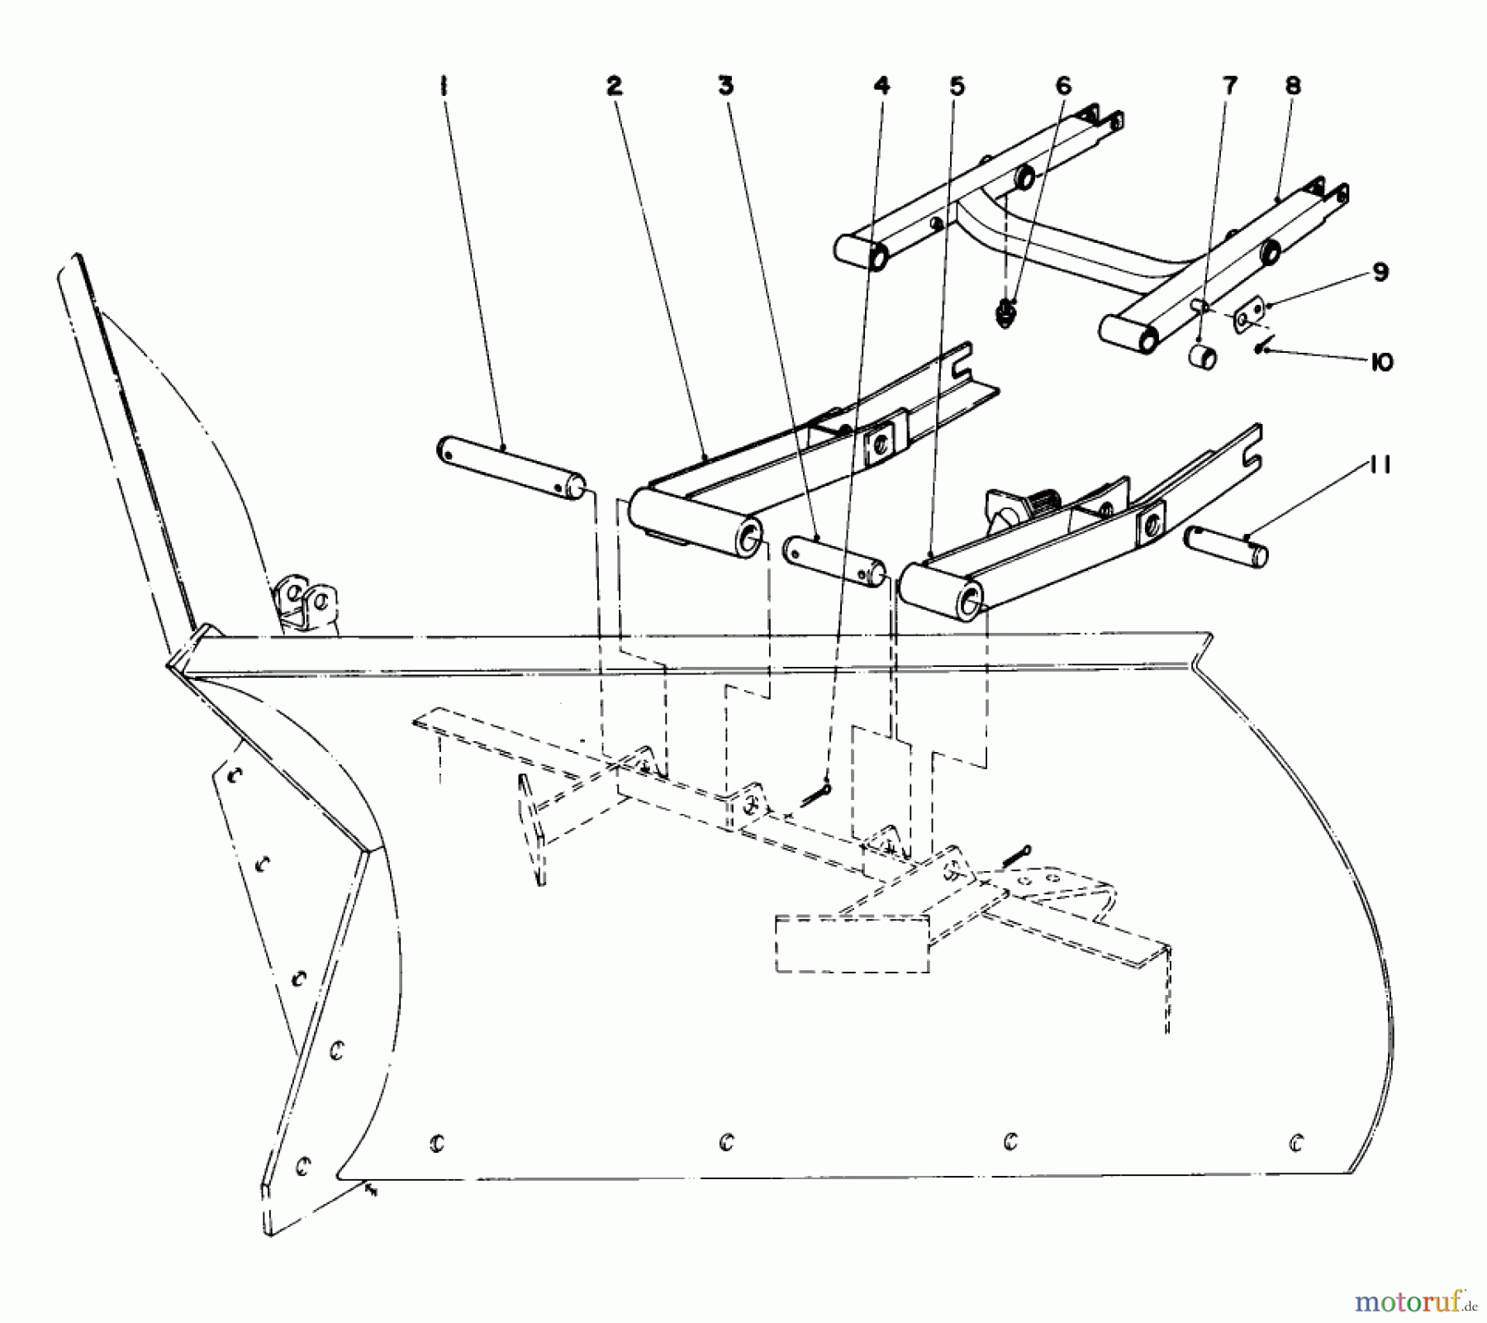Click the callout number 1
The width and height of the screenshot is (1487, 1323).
[x=444, y=87]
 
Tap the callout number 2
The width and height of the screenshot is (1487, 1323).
[x=614, y=86]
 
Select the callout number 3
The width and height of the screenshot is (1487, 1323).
[x=725, y=86]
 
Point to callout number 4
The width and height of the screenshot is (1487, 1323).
[x=882, y=85]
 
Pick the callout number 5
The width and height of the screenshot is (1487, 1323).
[x=956, y=86]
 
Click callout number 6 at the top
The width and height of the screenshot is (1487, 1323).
[x=1063, y=85]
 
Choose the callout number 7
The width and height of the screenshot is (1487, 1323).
[x=1231, y=85]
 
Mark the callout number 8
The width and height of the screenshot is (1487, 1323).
[x=1293, y=85]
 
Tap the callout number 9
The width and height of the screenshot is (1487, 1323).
[x=1380, y=273]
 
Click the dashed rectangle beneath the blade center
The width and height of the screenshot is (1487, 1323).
[x=852, y=943]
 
